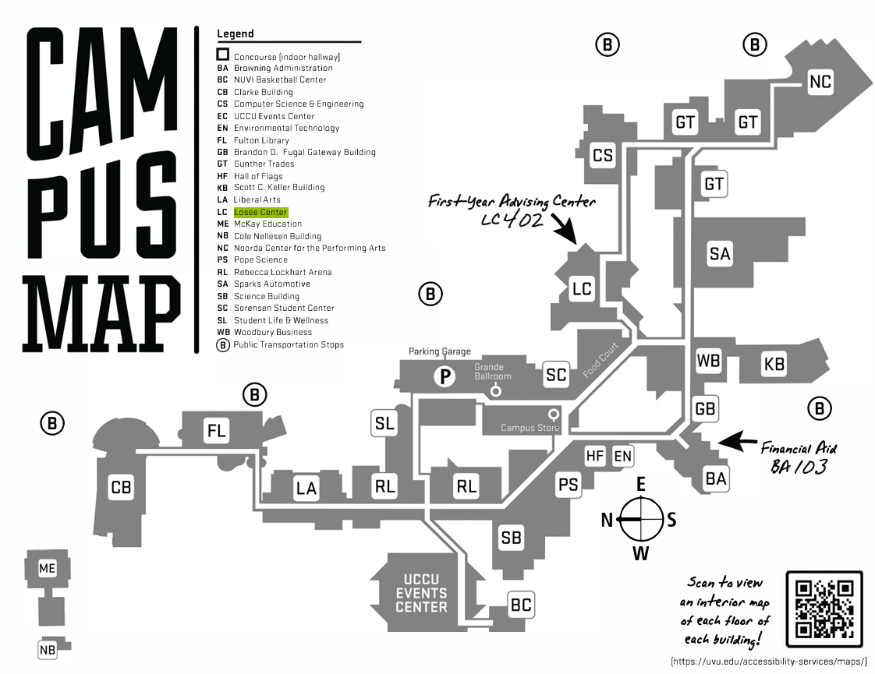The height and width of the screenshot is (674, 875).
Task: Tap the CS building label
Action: (x=603, y=155)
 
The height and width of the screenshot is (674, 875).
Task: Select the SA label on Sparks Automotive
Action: (x=720, y=253)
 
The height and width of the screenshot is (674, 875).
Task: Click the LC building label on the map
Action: (x=582, y=289)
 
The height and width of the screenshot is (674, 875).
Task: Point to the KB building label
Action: (x=774, y=364)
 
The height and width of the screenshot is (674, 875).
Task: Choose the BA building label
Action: (x=715, y=479)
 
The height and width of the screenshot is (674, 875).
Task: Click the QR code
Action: (x=824, y=609)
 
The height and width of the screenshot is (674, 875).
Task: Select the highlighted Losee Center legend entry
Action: (x=260, y=212)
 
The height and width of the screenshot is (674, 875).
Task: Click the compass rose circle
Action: (x=641, y=519)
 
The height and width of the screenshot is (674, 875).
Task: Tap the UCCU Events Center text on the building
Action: (x=421, y=593)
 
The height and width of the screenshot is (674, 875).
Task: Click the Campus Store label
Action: (x=530, y=427)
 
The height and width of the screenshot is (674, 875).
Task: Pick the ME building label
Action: (x=48, y=569)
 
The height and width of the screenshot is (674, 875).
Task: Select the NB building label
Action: (x=48, y=650)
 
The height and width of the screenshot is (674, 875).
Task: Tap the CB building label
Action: (x=121, y=488)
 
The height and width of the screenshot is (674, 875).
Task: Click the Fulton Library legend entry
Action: (x=261, y=140)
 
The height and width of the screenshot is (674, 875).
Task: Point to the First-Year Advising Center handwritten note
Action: (x=511, y=210)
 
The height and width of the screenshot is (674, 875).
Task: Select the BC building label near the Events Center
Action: (x=521, y=604)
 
